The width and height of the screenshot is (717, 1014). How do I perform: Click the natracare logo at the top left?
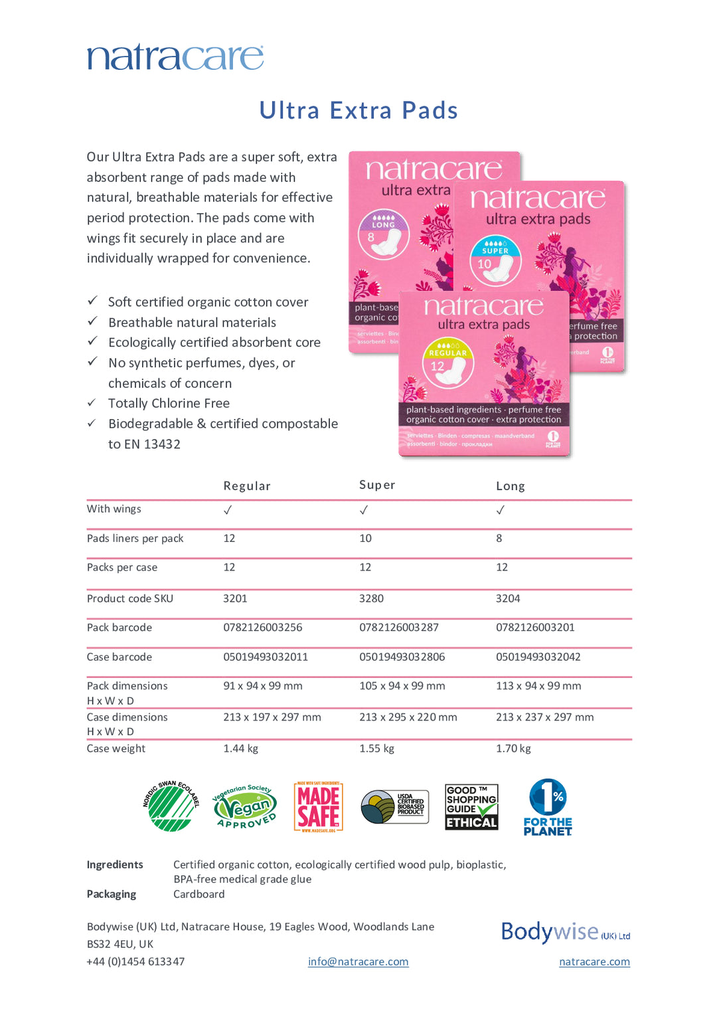pyautogui.click(x=175, y=57)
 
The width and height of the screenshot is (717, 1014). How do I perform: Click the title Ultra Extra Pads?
pyautogui.click(x=358, y=110)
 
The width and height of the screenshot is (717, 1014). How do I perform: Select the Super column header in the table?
pyautogui.click(x=377, y=485)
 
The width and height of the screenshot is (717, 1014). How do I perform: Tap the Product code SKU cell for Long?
pyautogui.click(x=508, y=598)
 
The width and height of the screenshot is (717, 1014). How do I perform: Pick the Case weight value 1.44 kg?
pyautogui.click(x=240, y=748)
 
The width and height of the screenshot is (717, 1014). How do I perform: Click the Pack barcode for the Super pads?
pyautogui.click(x=398, y=628)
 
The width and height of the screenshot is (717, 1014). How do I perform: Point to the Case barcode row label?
pyautogui.click(x=119, y=657)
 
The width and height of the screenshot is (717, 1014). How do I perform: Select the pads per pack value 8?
pyautogui.click(x=499, y=539)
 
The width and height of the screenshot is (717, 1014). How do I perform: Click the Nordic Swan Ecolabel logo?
pyautogui.click(x=171, y=806)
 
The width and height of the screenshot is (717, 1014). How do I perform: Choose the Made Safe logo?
pyautogui.click(x=319, y=807)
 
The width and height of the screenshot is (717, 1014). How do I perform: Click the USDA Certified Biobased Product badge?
pyautogui.click(x=394, y=807)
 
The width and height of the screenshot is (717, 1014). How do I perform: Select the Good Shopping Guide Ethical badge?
pyautogui.click(x=471, y=807)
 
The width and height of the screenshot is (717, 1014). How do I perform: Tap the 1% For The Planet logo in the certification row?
pyautogui.click(x=548, y=807)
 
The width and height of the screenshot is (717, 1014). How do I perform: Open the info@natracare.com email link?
pyautogui.click(x=358, y=962)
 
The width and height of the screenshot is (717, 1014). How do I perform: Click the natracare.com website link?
pyautogui.click(x=594, y=962)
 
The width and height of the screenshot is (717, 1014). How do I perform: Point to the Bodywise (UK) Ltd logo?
pyautogui.click(x=565, y=932)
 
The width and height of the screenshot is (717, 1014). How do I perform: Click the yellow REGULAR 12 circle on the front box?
pyautogui.click(x=448, y=363)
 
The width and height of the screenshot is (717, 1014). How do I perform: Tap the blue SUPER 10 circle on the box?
pyautogui.click(x=495, y=260)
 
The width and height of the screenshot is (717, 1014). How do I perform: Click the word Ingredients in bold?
pyautogui.click(x=115, y=865)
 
